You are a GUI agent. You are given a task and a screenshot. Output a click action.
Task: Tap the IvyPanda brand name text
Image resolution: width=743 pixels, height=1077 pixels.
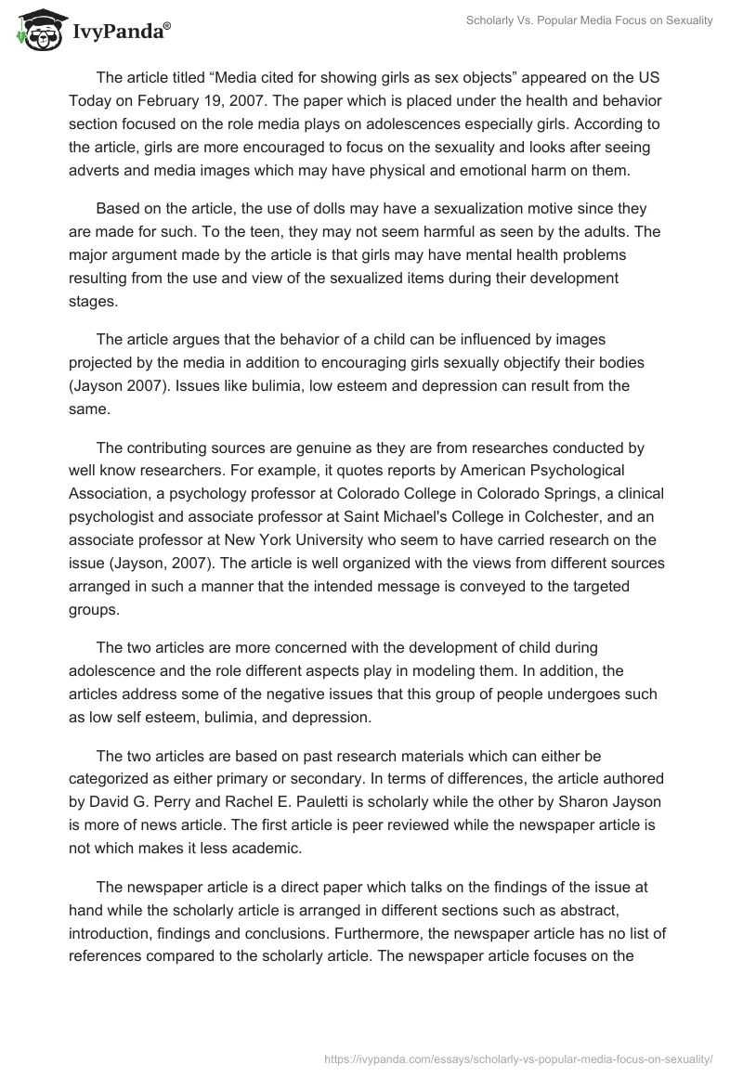[x=118, y=33]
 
